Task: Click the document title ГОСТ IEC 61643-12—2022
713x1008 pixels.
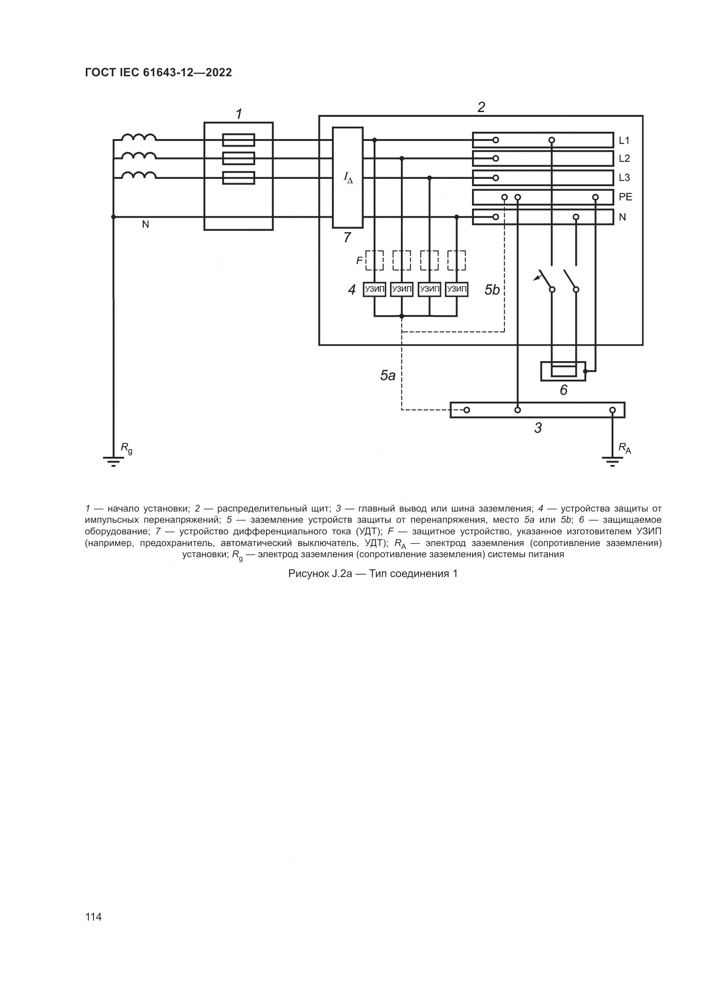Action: pyautogui.click(x=158, y=72)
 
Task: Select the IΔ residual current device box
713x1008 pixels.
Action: pyautogui.click(x=348, y=178)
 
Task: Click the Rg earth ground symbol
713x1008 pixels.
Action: pyautogui.click(x=113, y=461)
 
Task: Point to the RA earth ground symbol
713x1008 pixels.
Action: pyautogui.click(x=613, y=461)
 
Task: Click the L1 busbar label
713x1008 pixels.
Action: pyautogui.click(x=624, y=140)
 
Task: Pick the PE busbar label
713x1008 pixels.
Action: pyautogui.click(x=625, y=197)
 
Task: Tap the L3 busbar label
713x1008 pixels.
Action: pyautogui.click(x=624, y=178)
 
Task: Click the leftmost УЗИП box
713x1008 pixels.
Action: pyautogui.click(x=375, y=289)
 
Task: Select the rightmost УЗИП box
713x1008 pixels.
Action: pyautogui.click(x=457, y=289)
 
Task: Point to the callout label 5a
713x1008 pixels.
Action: pyautogui.click(x=388, y=375)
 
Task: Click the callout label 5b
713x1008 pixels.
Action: pyautogui.click(x=492, y=290)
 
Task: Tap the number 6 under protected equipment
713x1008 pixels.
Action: pyautogui.click(x=564, y=390)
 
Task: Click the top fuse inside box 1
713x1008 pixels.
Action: pyautogui.click(x=239, y=140)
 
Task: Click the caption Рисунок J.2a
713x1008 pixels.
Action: pyautogui.click(x=320, y=574)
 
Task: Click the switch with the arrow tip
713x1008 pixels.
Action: pyautogui.click(x=544, y=280)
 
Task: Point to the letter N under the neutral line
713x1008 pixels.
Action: pyautogui.click(x=145, y=225)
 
